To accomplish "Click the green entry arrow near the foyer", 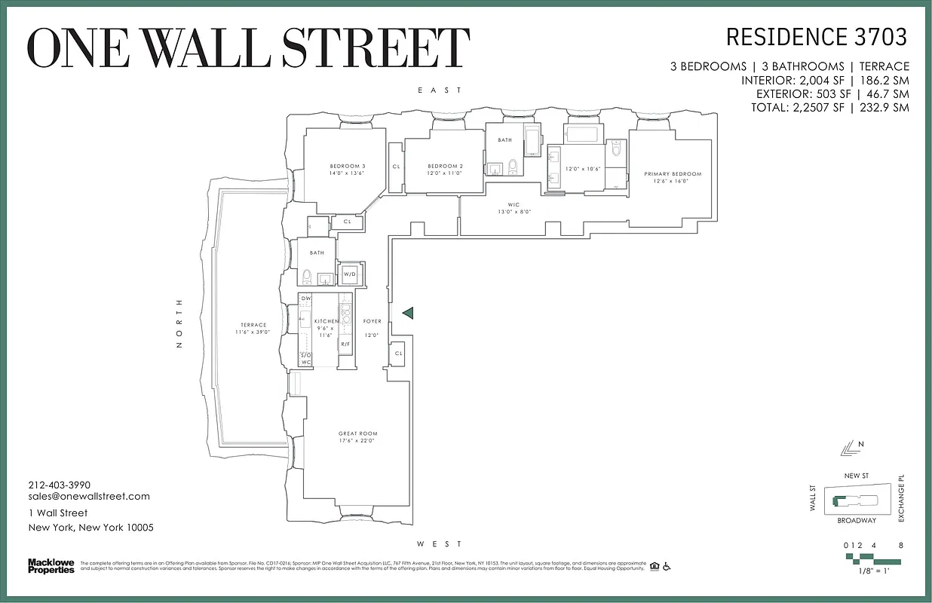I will click(407, 313).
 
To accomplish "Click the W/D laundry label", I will click(350, 274).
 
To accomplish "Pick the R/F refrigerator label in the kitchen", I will click(345, 344).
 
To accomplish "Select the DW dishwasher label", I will click(306, 299).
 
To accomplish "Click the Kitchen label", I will click(327, 322).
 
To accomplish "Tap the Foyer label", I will click(372, 322).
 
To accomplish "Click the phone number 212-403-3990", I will click(60, 485).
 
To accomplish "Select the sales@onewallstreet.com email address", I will click(89, 497).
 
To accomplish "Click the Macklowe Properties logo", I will click(51, 566).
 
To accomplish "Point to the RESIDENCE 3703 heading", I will click(816, 37).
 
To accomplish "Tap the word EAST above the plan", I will click(440, 90).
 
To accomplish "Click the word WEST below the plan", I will click(440, 543).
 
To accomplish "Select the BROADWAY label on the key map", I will click(856, 521).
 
